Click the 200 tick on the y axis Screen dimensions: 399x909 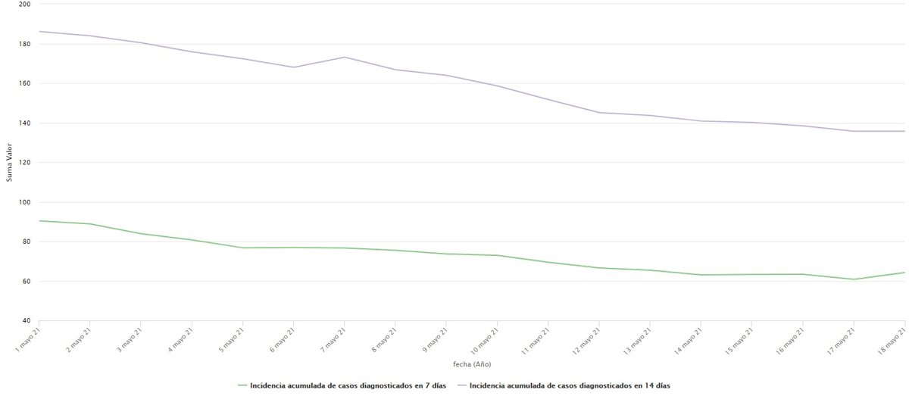[25, 4]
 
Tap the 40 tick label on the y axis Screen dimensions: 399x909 [27, 321]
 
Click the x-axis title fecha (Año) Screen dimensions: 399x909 [472, 365]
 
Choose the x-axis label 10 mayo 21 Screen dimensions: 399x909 [485, 337]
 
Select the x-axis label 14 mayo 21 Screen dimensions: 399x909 [689, 337]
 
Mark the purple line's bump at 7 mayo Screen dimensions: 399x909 [344, 57]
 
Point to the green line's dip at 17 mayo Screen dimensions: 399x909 [854, 279]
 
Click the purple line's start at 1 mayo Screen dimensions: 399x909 [39, 31]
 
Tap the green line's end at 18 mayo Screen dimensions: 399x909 [904, 273]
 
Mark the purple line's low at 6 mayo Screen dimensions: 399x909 [293, 67]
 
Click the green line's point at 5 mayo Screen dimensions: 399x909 [242, 248]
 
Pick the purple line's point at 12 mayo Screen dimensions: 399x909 [598, 112]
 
